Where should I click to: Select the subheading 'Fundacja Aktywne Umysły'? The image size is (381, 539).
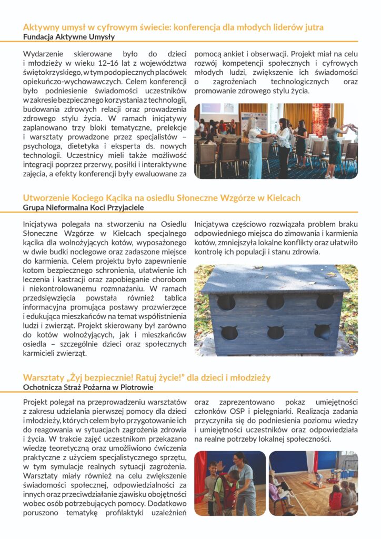(69, 37)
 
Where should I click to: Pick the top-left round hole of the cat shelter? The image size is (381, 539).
(227, 302)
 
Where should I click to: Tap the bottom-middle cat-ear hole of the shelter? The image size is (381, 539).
(275, 333)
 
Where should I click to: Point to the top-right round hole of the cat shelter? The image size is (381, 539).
(325, 301)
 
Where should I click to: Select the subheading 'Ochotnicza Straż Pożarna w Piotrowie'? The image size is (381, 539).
(88, 388)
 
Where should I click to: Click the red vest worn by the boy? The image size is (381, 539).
(227, 490)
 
